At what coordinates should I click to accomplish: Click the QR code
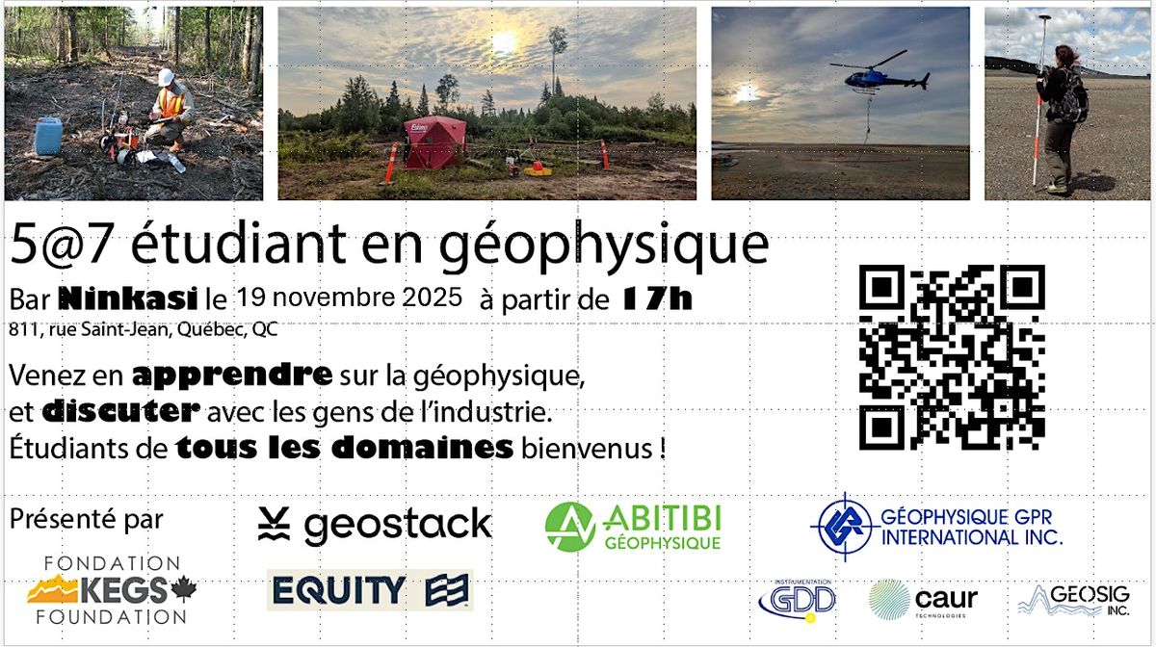(951, 357)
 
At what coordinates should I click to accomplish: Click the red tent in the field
(433, 142)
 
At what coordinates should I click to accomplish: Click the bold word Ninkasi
(141, 297)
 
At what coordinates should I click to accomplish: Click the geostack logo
(375, 525)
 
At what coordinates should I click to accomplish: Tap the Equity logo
(370, 589)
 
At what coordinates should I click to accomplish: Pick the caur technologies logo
(923, 599)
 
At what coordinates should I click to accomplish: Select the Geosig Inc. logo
(1074, 599)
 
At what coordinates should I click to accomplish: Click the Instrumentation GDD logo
(797, 599)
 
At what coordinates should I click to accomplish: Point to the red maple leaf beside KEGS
(182, 587)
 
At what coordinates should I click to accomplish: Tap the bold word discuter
(121, 411)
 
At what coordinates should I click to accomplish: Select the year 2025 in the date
(433, 295)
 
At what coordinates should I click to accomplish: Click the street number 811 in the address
(19, 329)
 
